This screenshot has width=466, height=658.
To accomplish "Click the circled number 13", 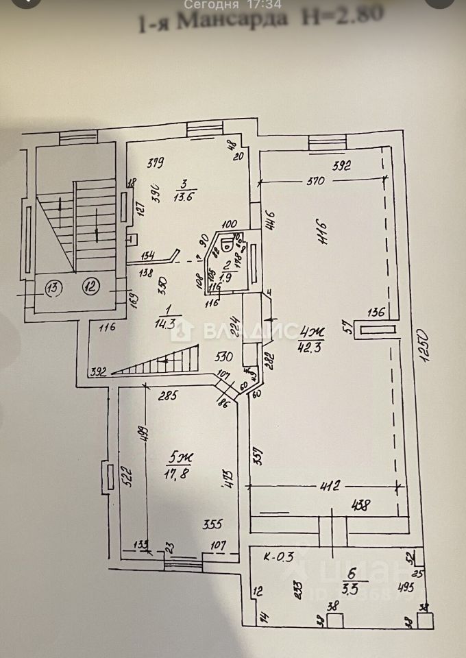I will pos(52,287).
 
